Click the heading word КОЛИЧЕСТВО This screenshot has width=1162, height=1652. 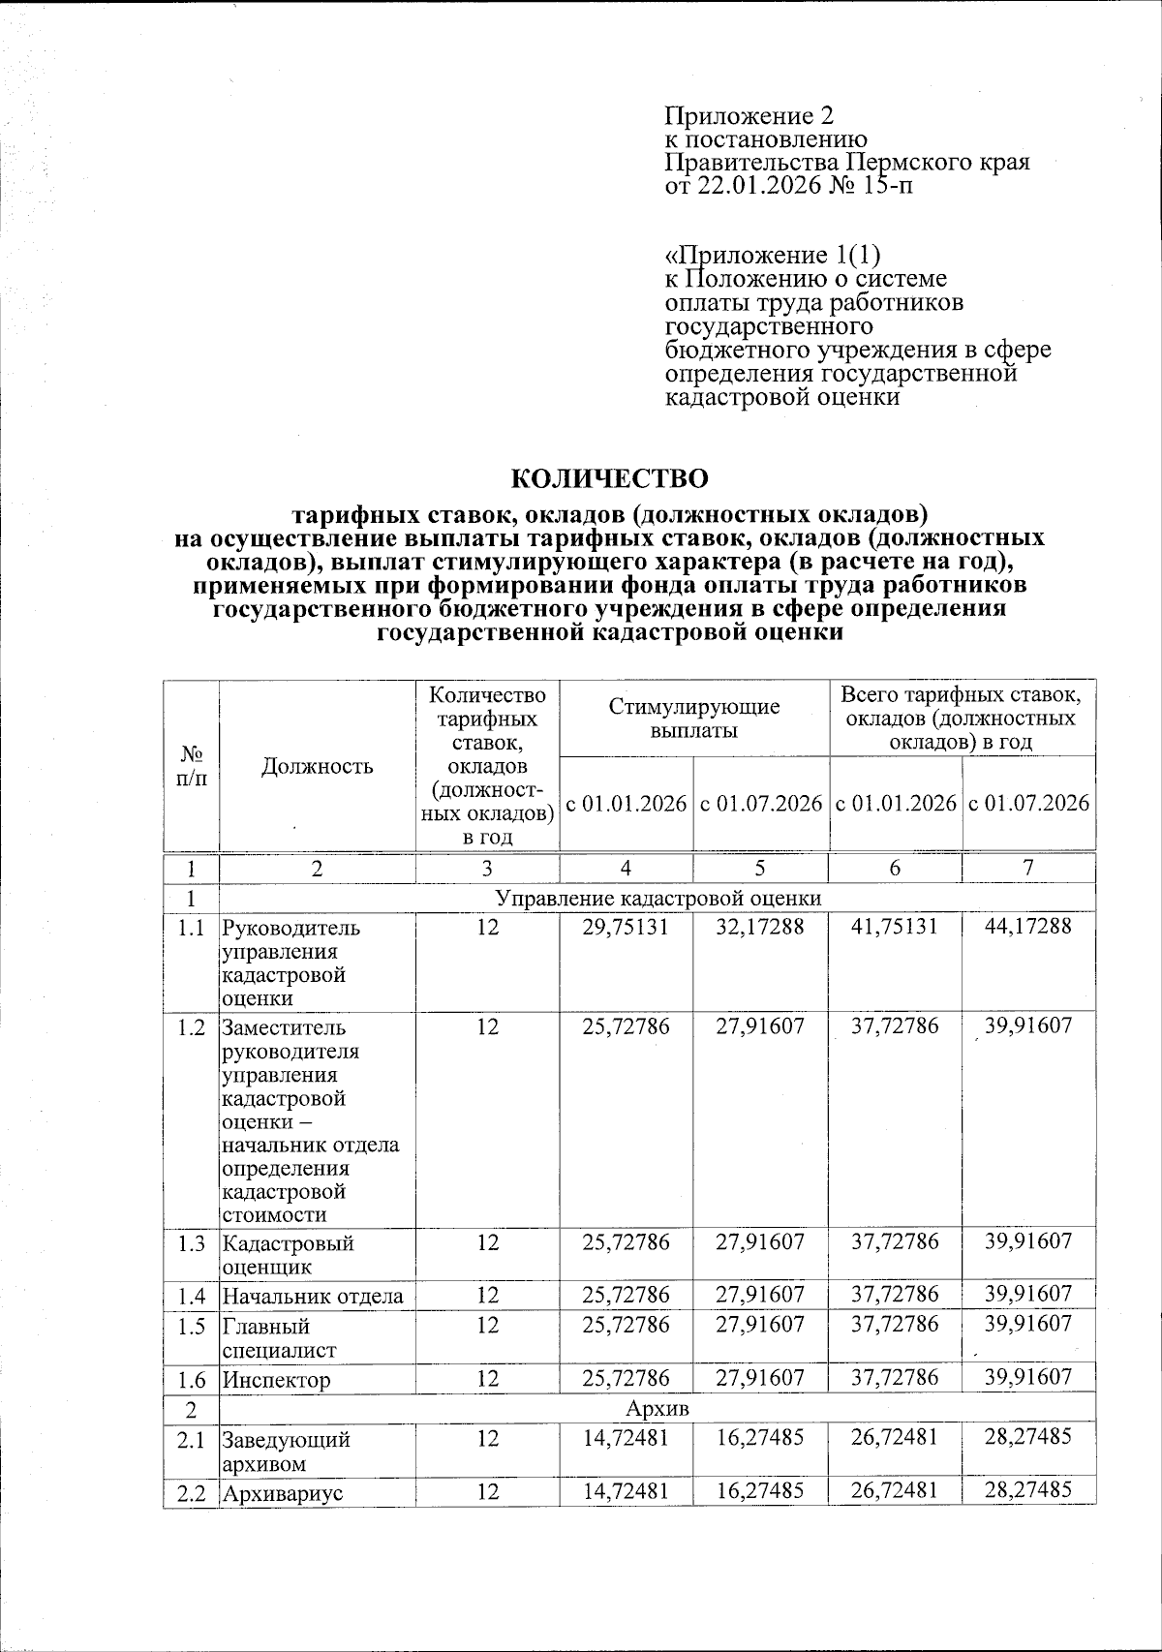coord(609,478)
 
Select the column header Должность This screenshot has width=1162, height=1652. coord(317,766)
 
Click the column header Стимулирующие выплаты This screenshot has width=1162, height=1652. coord(693,719)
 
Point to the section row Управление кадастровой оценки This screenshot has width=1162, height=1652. coord(657,898)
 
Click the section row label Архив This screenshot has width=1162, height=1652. coord(657,1408)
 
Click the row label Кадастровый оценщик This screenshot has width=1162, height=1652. coord(288,1254)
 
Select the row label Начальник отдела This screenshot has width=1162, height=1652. coord(313,1296)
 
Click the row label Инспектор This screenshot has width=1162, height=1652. coord(276,1380)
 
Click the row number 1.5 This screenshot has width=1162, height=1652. coord(191,1326)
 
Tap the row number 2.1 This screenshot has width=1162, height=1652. coord(191,1440)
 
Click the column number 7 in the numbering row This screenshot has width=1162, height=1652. coord(1028,869)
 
